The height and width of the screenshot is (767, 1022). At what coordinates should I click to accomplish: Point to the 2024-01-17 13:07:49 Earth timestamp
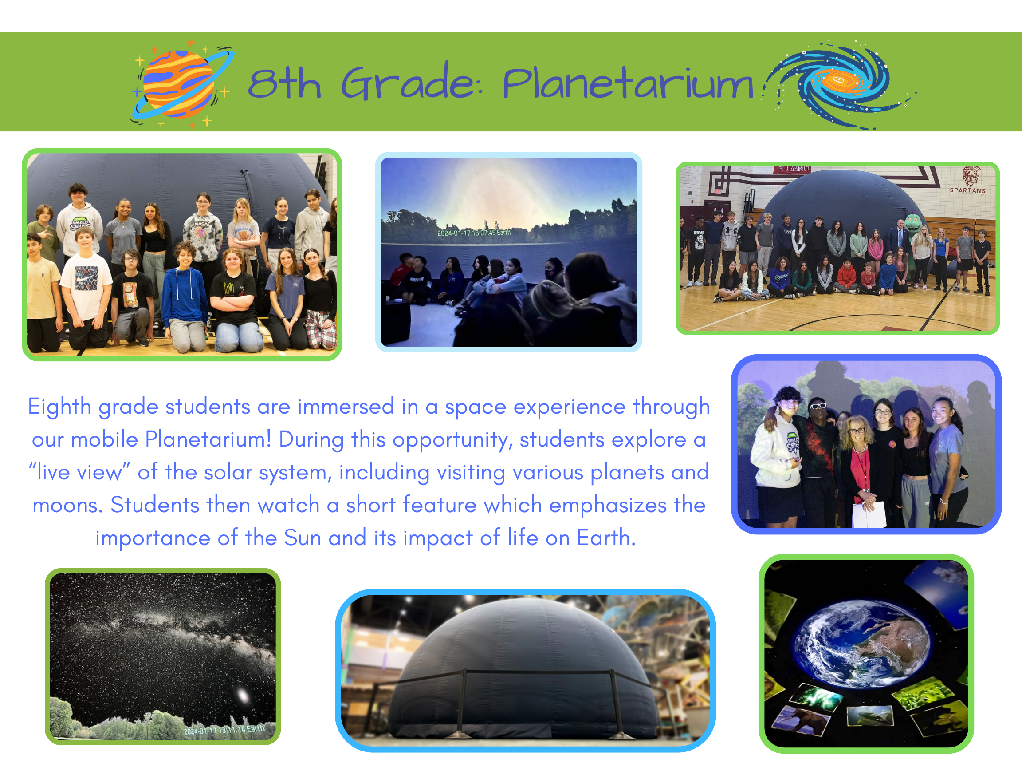point(474,233)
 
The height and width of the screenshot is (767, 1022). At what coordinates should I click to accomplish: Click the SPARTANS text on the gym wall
point(967,190)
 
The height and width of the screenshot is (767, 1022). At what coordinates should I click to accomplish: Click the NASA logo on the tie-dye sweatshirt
point(201,224)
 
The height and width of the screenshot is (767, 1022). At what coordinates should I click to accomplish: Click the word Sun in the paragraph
point(302,538)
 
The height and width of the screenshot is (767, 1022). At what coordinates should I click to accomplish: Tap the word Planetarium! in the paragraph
point(208,439)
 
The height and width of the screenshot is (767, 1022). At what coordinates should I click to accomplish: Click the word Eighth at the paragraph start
point(59,407)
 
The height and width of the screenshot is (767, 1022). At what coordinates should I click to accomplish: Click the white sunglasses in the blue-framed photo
point(818,407)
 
